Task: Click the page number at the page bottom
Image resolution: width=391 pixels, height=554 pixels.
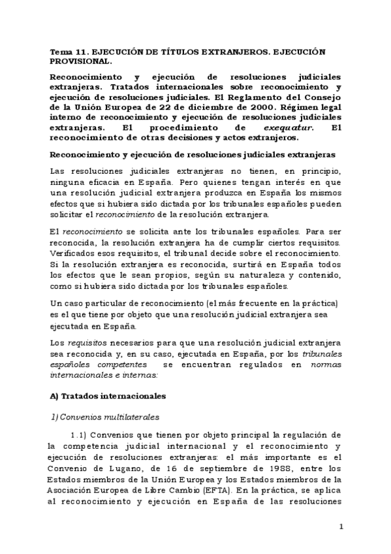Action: point(341,527)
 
